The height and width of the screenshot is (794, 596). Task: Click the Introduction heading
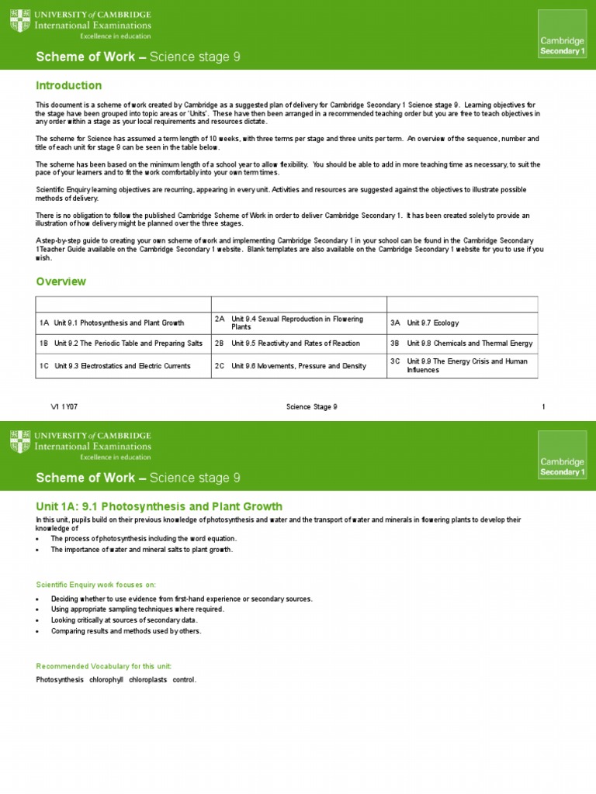pos(69,85)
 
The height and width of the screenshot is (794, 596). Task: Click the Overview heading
pos(61,281)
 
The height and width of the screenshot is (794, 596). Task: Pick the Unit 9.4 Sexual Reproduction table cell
pos(299,323)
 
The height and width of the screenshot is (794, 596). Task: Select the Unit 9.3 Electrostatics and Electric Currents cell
pos(122,366)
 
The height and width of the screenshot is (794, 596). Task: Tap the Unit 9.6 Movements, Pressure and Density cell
pos(299,366)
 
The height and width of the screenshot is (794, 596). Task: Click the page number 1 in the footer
pos(543,407)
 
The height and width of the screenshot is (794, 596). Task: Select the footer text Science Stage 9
pos(312,407)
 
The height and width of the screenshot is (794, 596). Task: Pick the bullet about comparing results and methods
pos(126,631)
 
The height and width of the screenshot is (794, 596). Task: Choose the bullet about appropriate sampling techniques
pos(137,609)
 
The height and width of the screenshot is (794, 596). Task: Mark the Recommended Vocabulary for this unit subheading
pos(104,666)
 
